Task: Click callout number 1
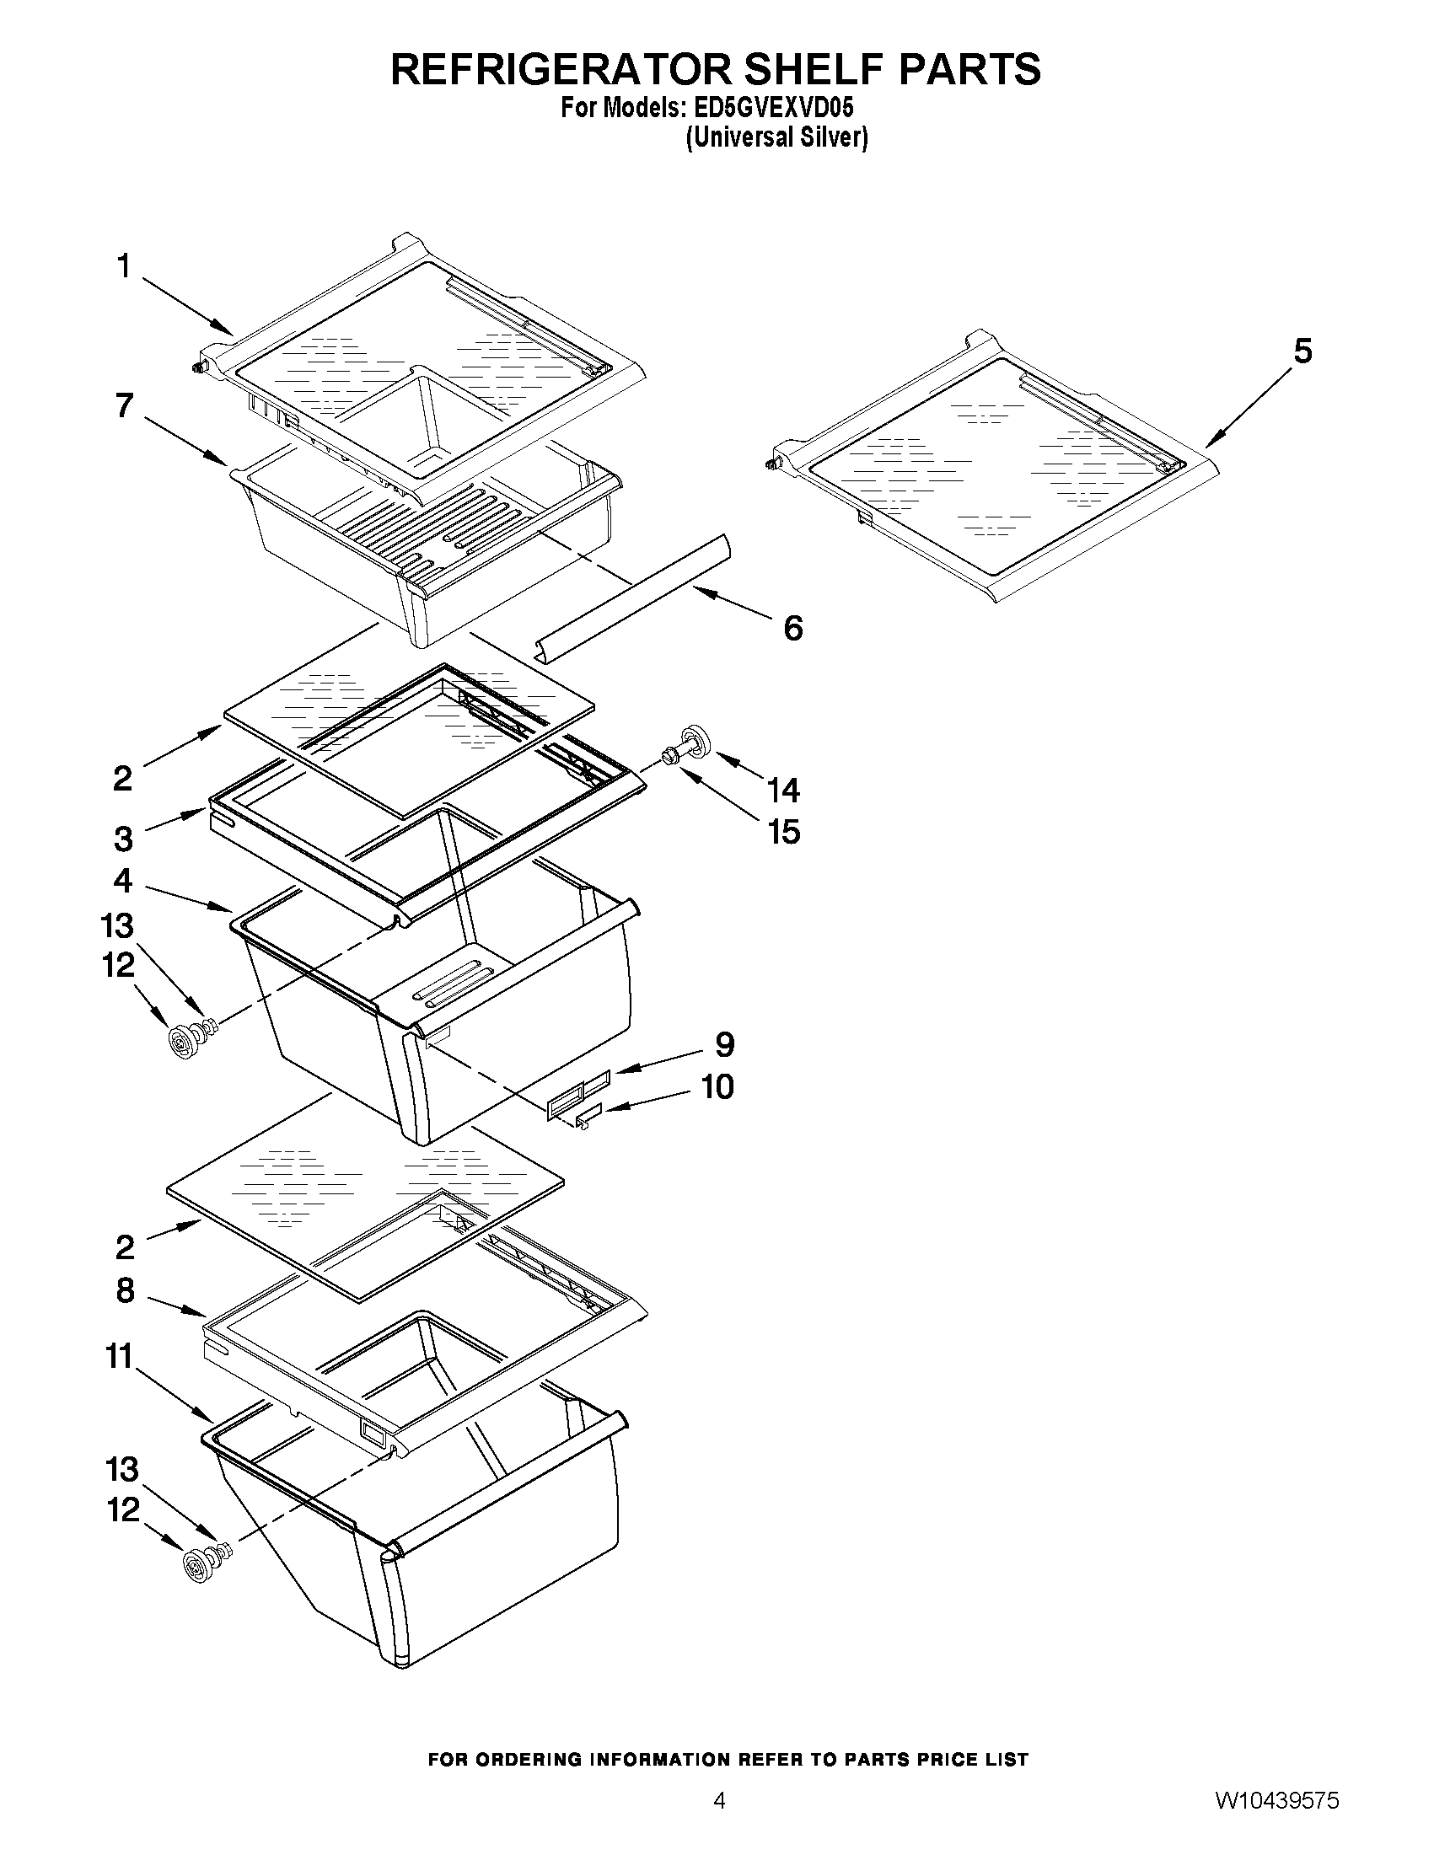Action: click(124, 266)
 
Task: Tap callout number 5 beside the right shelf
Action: click(1302, 351)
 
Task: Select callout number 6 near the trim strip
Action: click(792, 629)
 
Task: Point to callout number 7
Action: click(125, 406)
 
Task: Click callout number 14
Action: click(783, 791)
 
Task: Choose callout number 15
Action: click(784, 833)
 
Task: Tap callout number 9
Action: click(724, 1045)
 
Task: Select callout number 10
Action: click(718, 1087)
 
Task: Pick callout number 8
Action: click(125, 1291)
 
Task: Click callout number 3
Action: click(124, 839)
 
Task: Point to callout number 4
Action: click(124, 881)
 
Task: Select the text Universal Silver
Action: click(776, 137)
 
